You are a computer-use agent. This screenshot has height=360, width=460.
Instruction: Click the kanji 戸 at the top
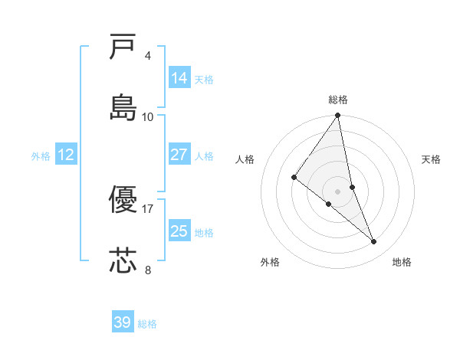point(123,47)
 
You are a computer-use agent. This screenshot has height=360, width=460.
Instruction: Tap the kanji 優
point(123,201)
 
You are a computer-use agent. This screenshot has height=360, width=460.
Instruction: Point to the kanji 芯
point(123,260)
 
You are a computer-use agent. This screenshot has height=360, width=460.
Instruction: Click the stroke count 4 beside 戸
point(148,56)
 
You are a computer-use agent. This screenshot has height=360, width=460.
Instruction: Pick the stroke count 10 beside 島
point(148,116)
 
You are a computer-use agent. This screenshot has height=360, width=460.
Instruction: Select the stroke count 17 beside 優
point(148,208)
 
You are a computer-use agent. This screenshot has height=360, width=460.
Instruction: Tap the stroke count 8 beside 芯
point(148,270)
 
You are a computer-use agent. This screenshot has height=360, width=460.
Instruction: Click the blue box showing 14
point(179,78)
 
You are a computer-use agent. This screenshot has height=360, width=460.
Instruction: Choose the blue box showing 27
point(179,155)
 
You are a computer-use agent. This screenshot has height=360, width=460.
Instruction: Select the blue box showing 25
point(179,231)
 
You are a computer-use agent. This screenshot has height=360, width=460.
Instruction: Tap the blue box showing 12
point(66,155)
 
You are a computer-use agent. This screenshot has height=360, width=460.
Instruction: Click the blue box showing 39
point(123,322)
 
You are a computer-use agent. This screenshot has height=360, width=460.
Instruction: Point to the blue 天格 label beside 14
point(204,79)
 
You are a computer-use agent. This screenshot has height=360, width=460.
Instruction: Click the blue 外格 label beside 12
point(41,156)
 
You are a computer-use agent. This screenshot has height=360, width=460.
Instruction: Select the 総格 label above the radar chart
point(338,100)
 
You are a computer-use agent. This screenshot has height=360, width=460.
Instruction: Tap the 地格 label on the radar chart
point(402,263)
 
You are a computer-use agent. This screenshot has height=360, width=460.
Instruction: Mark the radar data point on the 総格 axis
point(338,116)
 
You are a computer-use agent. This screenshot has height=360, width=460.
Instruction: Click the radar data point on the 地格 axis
point(374,241)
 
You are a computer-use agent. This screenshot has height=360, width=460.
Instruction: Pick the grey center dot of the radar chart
point(338,191)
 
